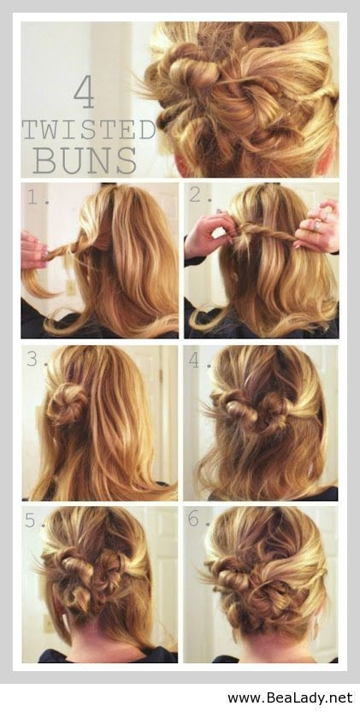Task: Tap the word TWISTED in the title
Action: (x=89, y=130)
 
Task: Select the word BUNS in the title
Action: (x=85, y=161)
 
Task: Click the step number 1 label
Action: (x=36, y=197)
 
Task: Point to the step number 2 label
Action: (x=201, y=197)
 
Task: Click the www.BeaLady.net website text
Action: (x=290, y=697)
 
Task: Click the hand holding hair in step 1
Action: (x=33, y=250)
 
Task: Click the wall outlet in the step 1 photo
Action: (x=70, y=287)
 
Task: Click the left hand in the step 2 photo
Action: (x=210, y=234)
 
